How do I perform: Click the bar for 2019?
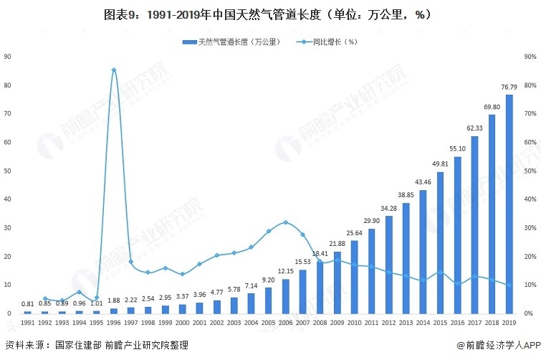[x=509, y=204]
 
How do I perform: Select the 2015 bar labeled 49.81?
[x=440, y=243]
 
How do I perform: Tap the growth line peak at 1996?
[x=114, y=70]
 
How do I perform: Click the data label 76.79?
[x=508, y=88]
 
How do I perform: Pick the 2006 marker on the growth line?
[x=285, y=222]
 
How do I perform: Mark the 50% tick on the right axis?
[x=530, y=171]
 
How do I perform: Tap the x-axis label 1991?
[x=27, y=323]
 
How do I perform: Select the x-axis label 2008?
[x=320, y=323]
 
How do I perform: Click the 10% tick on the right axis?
[x=530, y=285]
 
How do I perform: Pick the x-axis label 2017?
[x=474, y=323]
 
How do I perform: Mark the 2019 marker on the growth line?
[x=509, y=285]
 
